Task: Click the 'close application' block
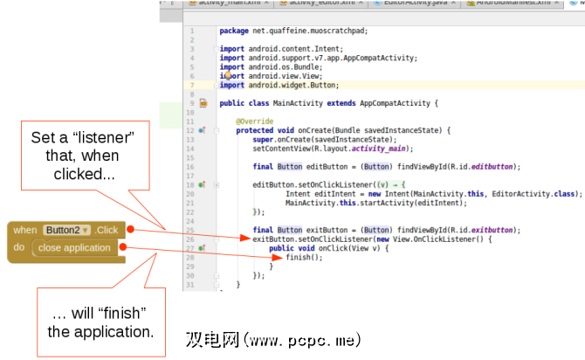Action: tap(74, 248)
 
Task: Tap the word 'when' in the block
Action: tap(24, 231)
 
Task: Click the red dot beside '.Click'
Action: tap(129, 230)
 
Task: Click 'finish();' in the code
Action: tap(298, 257)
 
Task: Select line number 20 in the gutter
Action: tap(189, 194)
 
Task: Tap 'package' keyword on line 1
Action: tap(233, 31)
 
